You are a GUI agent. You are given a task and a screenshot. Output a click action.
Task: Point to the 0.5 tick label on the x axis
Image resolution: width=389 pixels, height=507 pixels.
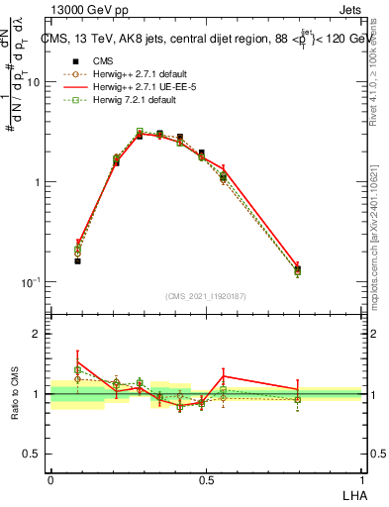[205, 479]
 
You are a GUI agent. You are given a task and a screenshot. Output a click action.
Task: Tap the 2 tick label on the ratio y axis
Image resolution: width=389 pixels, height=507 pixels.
[38, 334]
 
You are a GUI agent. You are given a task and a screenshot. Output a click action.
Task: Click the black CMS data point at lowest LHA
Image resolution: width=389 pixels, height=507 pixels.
[77, 261]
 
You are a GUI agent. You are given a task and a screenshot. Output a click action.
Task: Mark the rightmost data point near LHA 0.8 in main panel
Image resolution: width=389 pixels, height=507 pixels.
[297, 268]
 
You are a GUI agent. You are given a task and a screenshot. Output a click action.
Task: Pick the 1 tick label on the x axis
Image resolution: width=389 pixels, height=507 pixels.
[360, 479]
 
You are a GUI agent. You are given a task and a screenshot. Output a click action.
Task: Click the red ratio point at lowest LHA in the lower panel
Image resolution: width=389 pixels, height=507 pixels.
[77, 362]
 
